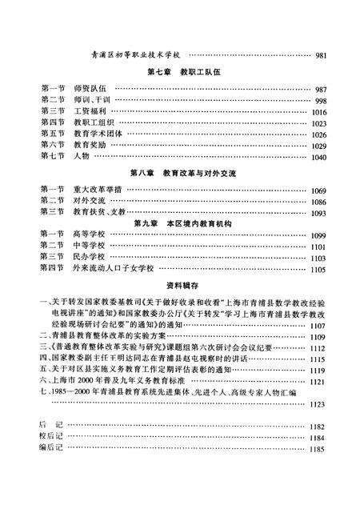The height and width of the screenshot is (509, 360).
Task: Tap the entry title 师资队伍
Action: point(91,90)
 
